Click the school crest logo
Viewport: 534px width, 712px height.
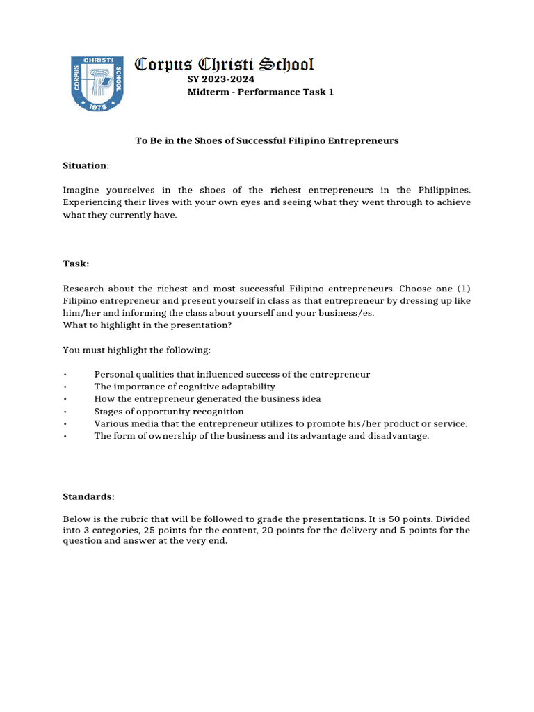(x=97, y=83)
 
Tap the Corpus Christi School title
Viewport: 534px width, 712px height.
(x=224, y=65)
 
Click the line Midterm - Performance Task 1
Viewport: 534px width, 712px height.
(x=261, y=92)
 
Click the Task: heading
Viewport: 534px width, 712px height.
(x=76, y=264)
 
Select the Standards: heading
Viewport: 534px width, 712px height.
(x=88, y=497)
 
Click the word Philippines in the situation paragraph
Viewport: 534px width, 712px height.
(x=444, y=190)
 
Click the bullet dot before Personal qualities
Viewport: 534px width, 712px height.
(x=65, y=375)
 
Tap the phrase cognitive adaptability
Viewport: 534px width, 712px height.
(x=233, y=387)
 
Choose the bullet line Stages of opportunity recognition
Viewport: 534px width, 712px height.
(x=169, y=411)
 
